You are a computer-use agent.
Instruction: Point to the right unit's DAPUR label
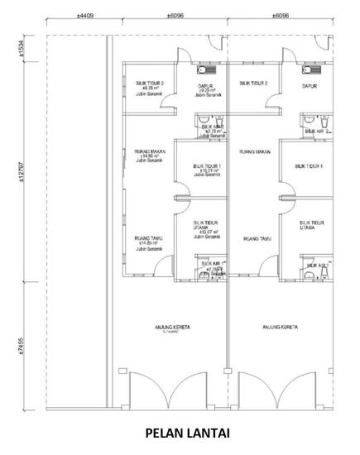click(310, 85)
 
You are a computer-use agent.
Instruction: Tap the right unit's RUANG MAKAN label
click(255, 152)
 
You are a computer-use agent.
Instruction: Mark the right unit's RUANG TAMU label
click(255, 239)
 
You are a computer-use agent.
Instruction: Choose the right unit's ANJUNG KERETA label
click(279, 328)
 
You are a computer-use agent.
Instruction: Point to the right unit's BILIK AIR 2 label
click(318, 131)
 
